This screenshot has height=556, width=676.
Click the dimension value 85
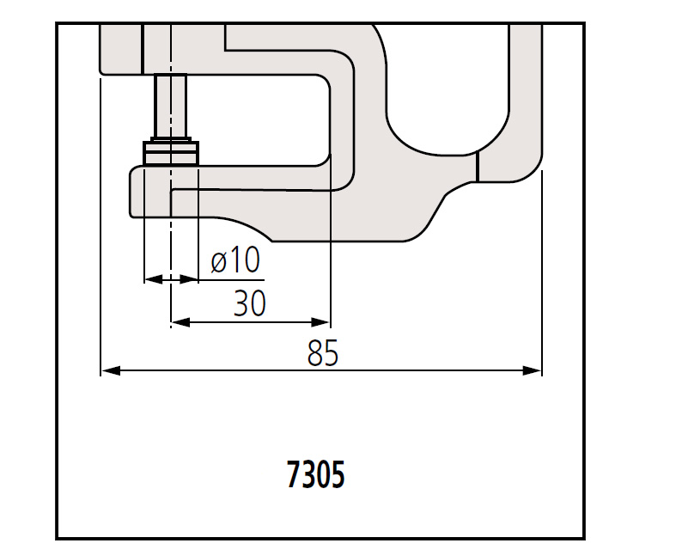point(323,353)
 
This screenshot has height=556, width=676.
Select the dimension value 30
point(249,303)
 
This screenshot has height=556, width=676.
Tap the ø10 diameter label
point(234,260)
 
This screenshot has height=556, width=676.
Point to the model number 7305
point(315,474)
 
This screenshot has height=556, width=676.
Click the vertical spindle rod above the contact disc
point(171,105)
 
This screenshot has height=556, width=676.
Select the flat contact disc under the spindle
point(171,153)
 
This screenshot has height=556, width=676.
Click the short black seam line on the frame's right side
point(477,168)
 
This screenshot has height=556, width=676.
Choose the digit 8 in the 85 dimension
point(315,353)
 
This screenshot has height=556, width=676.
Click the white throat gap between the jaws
point(258,120)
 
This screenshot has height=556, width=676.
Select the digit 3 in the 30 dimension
point(241,303)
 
